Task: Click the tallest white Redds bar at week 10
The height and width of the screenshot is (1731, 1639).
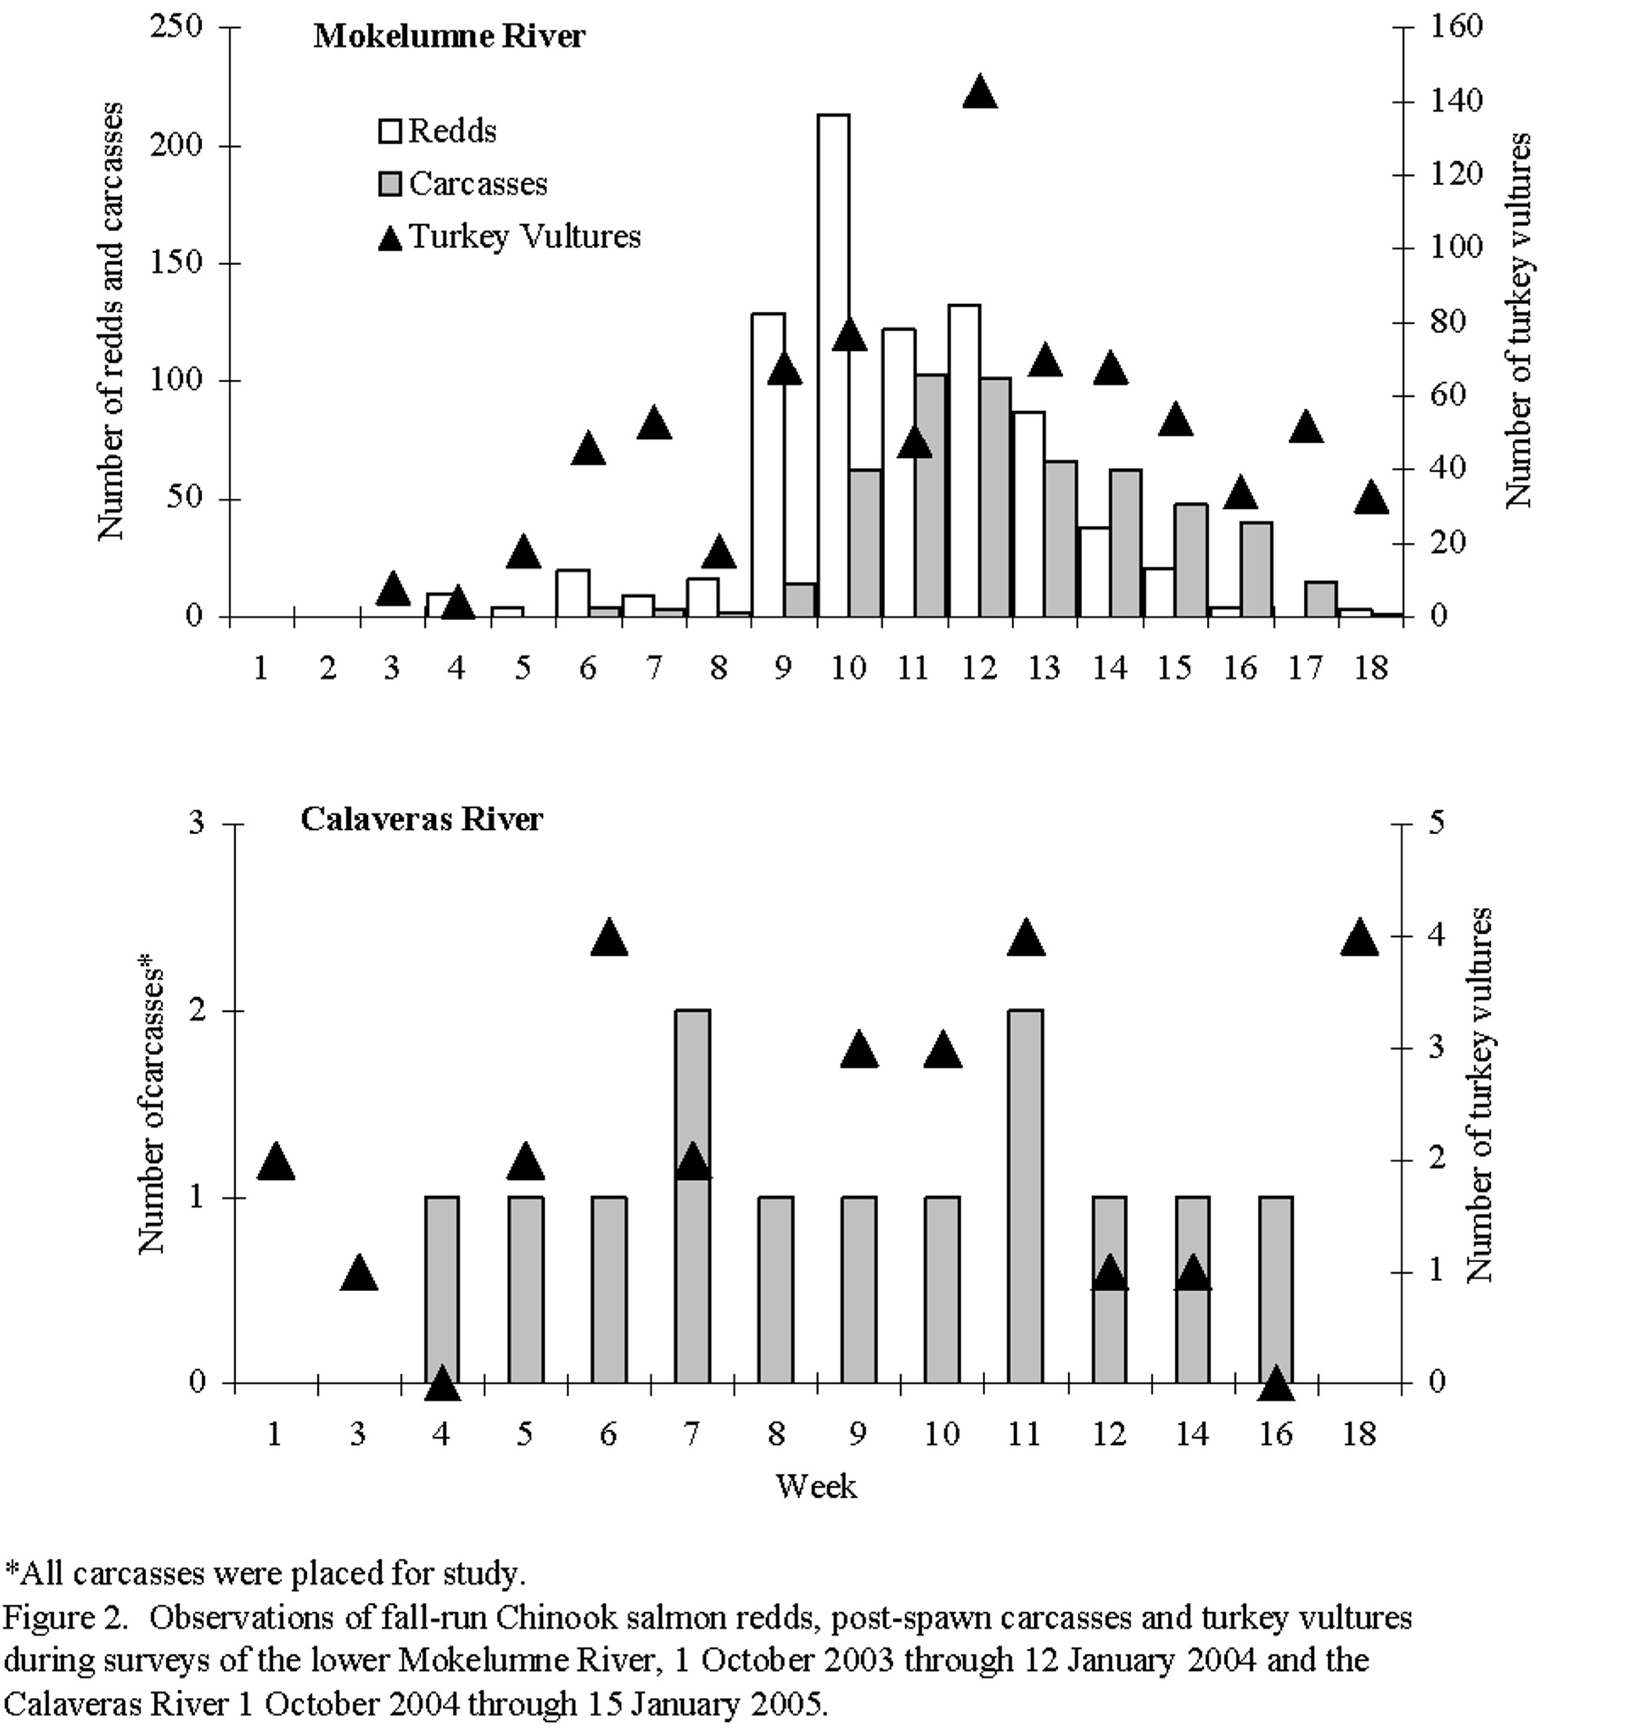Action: click(834, 365)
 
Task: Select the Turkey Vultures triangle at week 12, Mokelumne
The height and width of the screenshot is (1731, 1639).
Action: click(980, 91)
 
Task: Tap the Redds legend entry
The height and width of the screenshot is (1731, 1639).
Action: click(437, 131)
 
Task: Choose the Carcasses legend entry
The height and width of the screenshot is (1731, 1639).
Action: click(462, 184)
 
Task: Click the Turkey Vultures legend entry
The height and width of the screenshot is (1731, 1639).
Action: click(509, 237)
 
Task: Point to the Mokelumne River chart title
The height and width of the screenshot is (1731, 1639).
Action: click(449, 37)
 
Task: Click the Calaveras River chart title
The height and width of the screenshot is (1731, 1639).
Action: click(422, 819)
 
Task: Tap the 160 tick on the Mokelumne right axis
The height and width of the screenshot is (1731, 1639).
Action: click(1456, 27)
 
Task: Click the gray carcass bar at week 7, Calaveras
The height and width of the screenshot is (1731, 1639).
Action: click(692, 1196)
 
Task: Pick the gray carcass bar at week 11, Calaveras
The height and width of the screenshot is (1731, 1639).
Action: click(1026, 1196)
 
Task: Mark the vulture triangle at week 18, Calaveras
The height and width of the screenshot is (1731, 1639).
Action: click(1359, 937)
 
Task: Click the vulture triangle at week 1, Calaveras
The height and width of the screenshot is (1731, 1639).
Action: click(275, 1161)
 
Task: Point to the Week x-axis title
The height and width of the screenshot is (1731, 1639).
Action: click(816, 1486)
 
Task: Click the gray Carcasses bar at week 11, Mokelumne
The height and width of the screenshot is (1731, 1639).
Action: click(931, 496)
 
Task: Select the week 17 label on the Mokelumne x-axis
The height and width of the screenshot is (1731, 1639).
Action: click(1305, 668)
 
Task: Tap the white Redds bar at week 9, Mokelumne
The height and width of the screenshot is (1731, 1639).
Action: click(768, 465)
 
